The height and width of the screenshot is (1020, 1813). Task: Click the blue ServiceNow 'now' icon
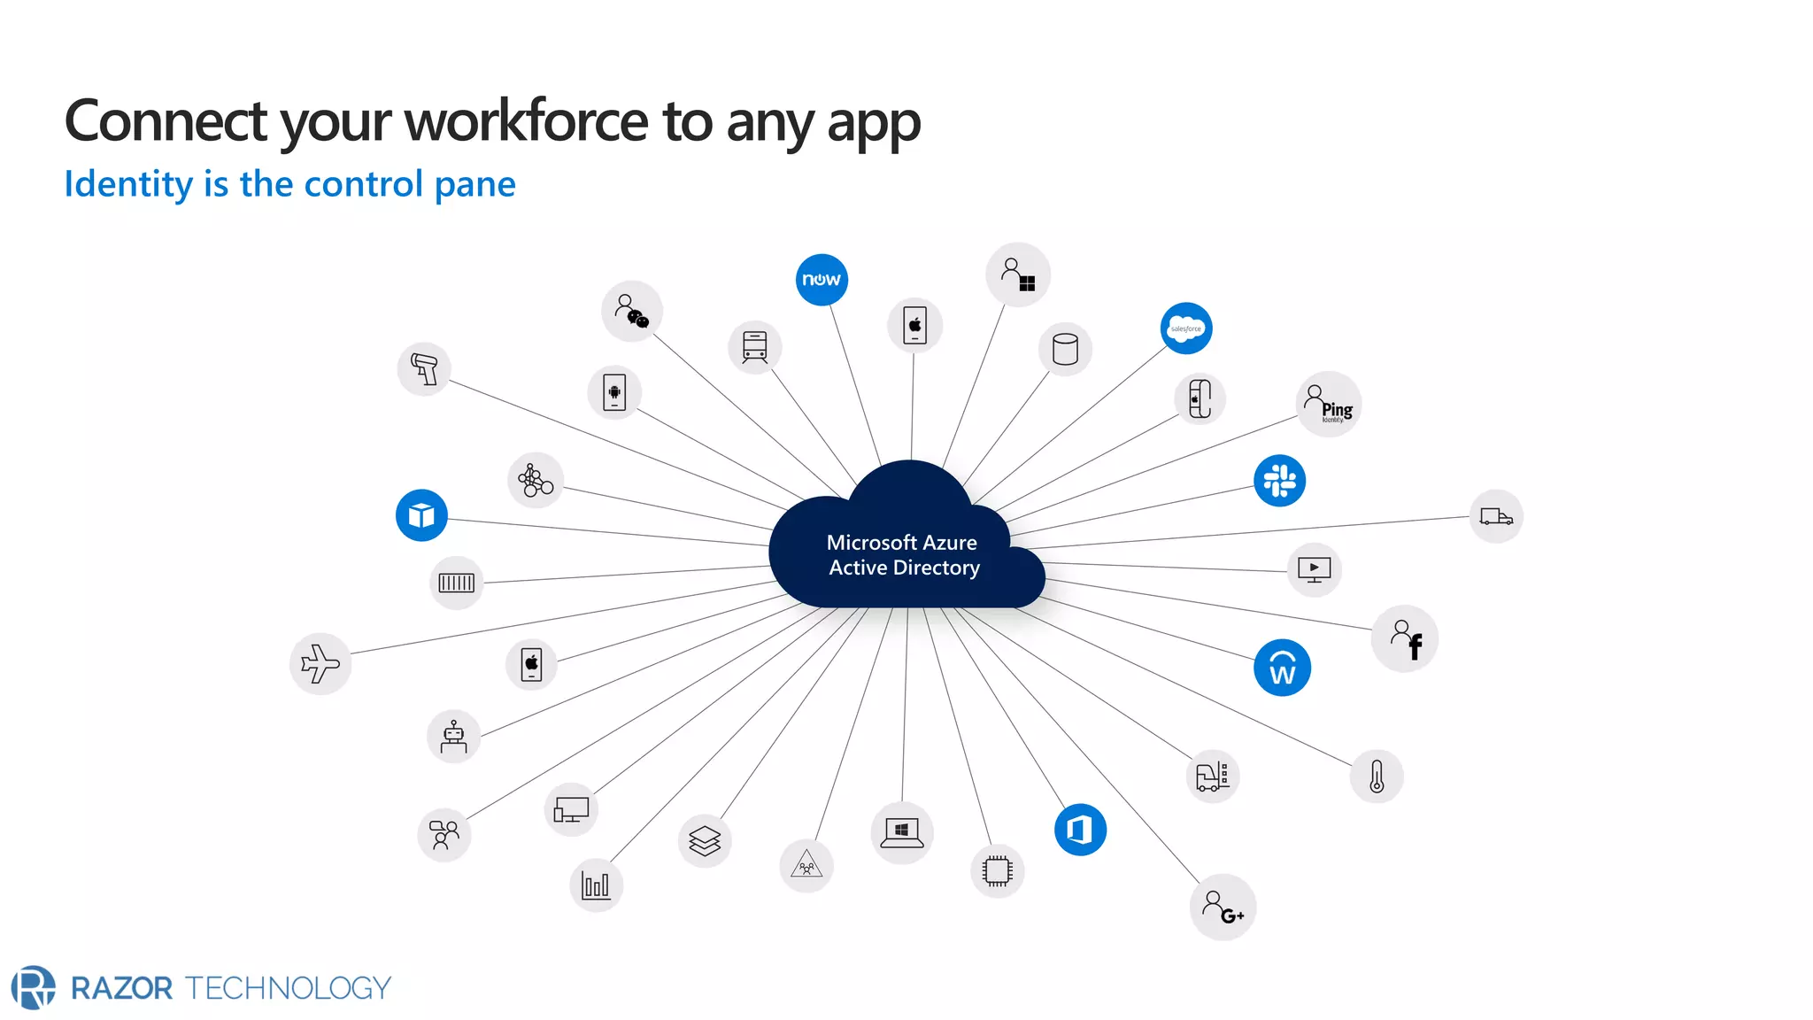click(x=822, y=280)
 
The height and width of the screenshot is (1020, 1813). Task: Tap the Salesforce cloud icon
click(x=1186, y=328)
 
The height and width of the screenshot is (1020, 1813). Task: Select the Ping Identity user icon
click(x=1329, y=404)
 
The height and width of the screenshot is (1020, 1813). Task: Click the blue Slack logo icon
click(x=1279, y=481)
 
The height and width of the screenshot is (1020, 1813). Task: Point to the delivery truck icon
click(x=1496, y=516)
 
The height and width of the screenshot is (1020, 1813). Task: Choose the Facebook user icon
click(x=1405, y=638)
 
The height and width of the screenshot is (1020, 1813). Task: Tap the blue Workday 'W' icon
click(x=1282, y=668)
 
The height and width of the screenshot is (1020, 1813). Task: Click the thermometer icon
click(x=1377, y=777)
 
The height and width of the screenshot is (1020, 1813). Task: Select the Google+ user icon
click(x=1223, y=908)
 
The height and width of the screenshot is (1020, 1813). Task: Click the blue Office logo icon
click(x=1080, y=830)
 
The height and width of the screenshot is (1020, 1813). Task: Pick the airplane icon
click(x=320, y=664)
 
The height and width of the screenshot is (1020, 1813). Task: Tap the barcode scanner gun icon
click(x=425, y=368)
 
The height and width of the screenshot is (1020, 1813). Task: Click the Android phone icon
click(x=614, y=392)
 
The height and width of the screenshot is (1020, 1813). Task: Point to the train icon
click(x=755, y=347)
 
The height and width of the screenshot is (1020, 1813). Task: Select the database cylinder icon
click(x=1065, y=349)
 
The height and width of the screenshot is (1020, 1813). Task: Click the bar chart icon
click(x=596, y=885)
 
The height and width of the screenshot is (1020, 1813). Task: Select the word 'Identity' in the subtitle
click(x=128, y=184)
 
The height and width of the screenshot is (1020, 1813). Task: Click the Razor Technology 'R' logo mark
click(x=33, y=987)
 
